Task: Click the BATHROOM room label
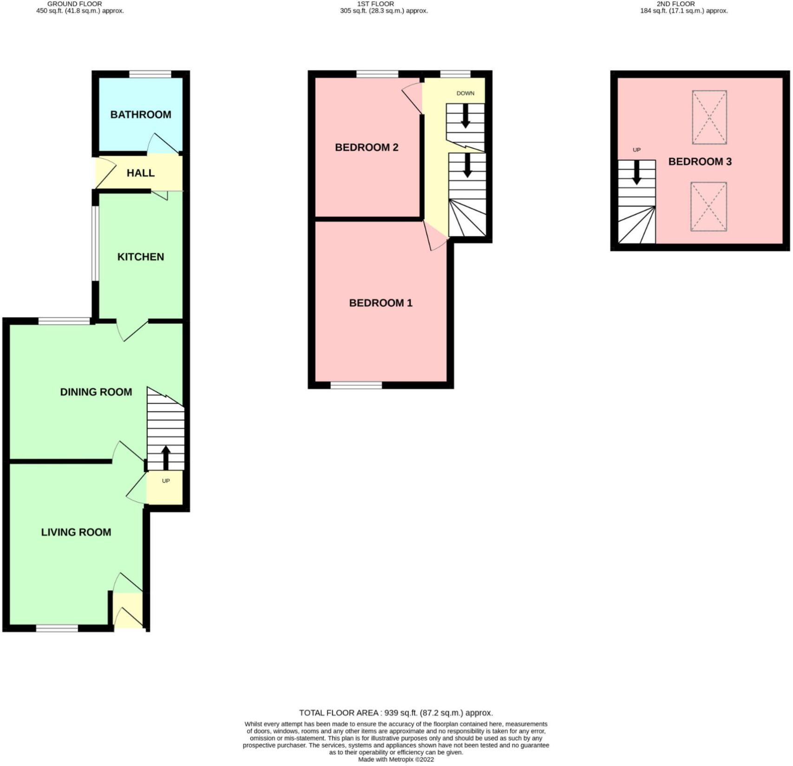140,114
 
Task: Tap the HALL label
140,173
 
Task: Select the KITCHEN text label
140,257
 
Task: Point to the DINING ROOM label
96,392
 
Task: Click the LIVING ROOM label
76,532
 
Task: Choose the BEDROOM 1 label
380,303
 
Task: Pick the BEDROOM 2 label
367,147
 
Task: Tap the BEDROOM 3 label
700,162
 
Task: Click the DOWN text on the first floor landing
465,93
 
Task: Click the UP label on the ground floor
166,481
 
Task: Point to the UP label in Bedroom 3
636,150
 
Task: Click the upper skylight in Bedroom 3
709,117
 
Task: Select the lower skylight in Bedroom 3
708,207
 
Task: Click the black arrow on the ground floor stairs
165,458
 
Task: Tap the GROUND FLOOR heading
75,4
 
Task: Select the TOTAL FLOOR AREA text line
396,713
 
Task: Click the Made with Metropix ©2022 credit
396,759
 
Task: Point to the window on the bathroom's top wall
150,74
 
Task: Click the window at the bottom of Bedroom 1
356,385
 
